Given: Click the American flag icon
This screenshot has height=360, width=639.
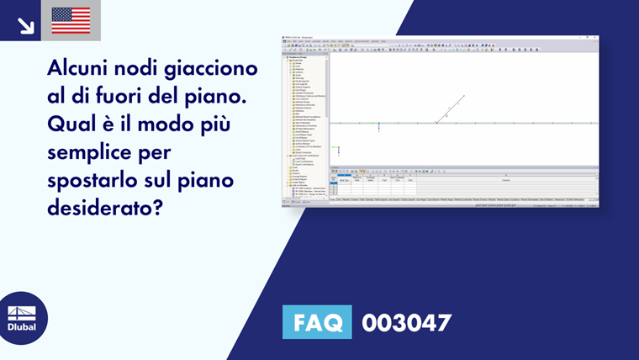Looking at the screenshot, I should pyautogui.click(x=71, y=20).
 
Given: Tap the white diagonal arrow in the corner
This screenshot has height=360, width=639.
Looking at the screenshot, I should pyautogui.click(x=25, y=25).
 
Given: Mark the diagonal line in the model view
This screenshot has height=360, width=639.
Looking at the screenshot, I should pyautogui.click(x=450, y=109).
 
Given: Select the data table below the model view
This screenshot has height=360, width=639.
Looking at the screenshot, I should pyautogui.click(x=462, y=184).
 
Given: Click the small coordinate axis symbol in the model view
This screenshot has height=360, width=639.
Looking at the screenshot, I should pyautogui.click(x=338, y=149).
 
